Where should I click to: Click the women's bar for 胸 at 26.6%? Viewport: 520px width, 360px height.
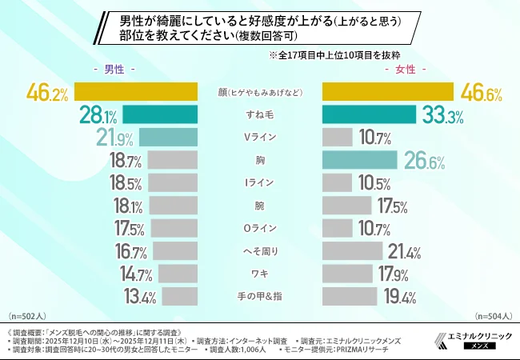coord(359,160)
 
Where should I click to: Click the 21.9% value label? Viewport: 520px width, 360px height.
coord(114,138)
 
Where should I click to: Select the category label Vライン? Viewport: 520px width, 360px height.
coord(260,138)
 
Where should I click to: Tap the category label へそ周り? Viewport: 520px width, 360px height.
coord(260,251)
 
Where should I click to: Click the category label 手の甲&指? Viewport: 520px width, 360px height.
coord(260,298)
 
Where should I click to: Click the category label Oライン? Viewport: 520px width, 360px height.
coord(260,229)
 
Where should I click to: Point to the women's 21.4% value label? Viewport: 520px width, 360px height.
coord(404,252)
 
